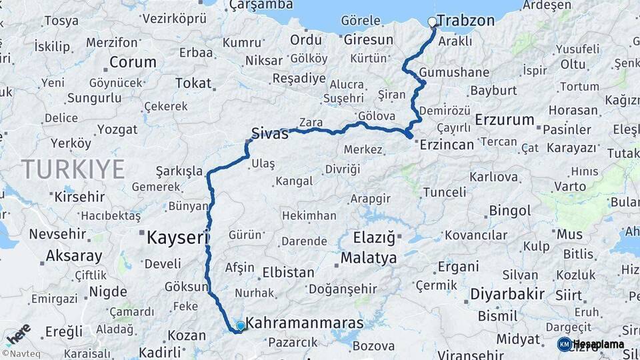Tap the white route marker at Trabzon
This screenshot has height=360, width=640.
[432, 22]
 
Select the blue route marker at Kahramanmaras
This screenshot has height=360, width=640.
[241, 325]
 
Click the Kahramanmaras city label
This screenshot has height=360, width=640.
[305, 323]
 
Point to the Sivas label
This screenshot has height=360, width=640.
[270, 133]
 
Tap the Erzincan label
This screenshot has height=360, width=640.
[446, 144]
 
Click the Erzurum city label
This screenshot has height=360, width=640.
[505, 120]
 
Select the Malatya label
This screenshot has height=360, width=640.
[369, 257]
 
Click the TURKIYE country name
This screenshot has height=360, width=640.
[73, 169]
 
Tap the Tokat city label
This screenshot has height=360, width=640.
[193, 83]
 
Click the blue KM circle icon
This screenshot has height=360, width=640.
[564, 344]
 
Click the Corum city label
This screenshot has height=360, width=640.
[132, 63]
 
